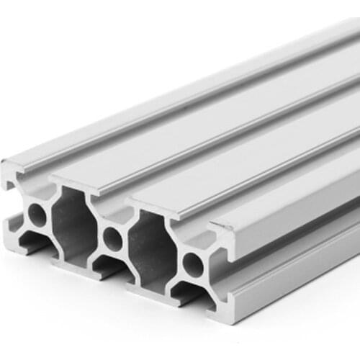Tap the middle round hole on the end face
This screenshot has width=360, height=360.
113,238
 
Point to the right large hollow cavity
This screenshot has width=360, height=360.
152,248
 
